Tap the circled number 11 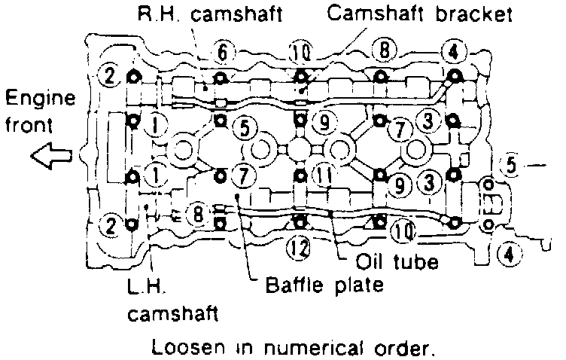323,175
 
